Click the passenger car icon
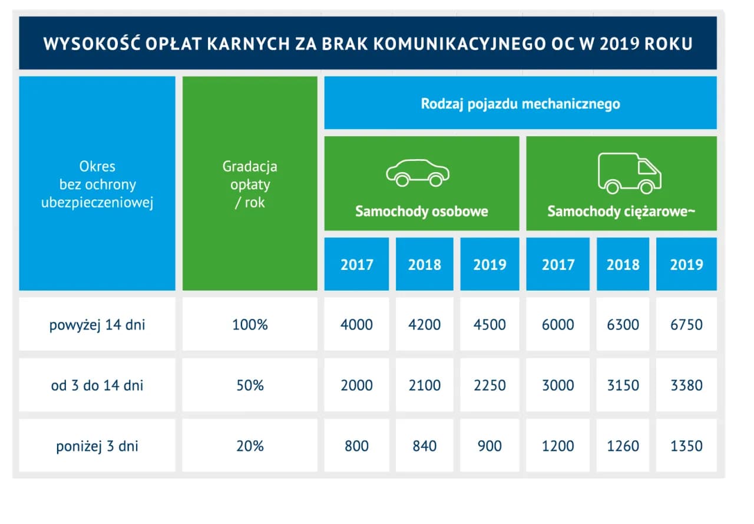point(418,172)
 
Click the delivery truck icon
point(629,173)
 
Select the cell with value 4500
point(490,325)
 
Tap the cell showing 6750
point(686,325)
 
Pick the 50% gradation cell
point(250,385)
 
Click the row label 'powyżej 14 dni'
point(97,325)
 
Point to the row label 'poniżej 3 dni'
point(97,446)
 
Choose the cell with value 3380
point(686,385)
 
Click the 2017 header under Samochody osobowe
point(356,264)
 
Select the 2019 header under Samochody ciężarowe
point(686,264)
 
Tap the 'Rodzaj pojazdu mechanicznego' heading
point(520,104)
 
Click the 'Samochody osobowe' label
point(421,211)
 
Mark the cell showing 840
point(424,446)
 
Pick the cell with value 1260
point(623,446)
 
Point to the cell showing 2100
point(424,385)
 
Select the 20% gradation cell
point(250,446)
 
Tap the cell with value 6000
point(557,325)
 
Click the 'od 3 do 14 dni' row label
point(97,385)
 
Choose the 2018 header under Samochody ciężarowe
point(623,264)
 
